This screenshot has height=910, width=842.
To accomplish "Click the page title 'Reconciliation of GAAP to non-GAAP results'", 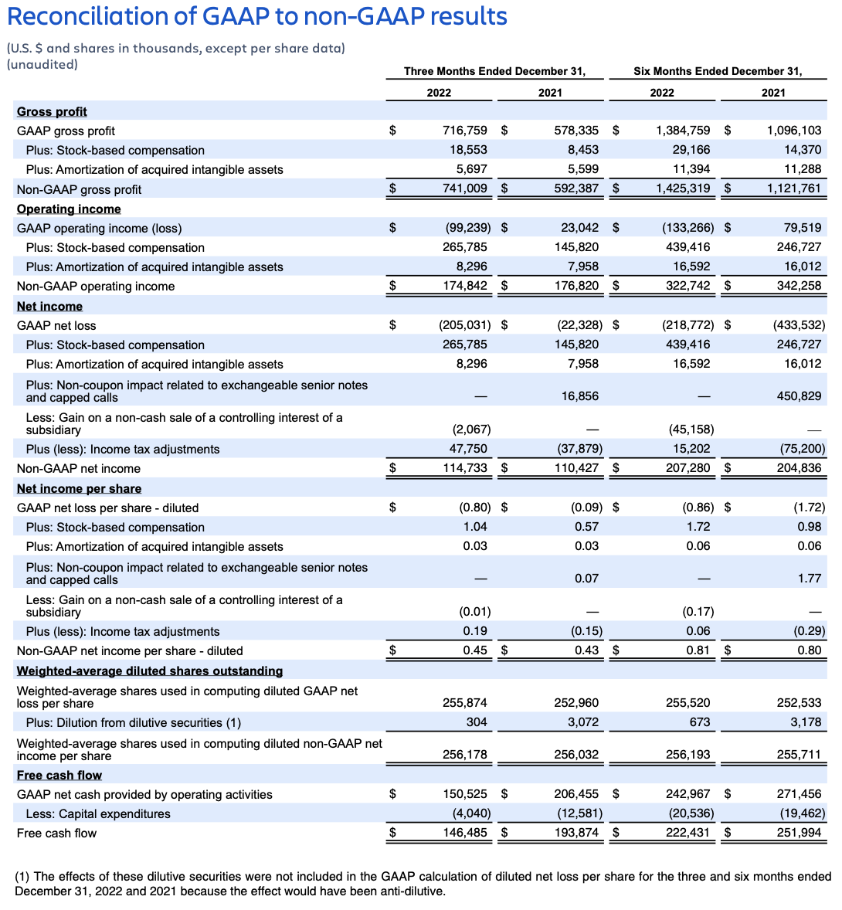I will [256, 16].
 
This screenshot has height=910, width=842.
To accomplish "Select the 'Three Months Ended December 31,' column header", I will [494, 71].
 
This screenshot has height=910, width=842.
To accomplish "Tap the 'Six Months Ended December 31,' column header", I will [718, 71].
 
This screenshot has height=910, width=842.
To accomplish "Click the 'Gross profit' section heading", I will [52, 111].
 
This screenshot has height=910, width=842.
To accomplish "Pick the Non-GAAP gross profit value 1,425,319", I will [683, 188].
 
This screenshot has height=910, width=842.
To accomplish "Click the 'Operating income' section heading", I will [69, 209].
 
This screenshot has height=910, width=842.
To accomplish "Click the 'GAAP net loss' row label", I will [56, 325].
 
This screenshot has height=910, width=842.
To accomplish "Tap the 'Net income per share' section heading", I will [79, 488].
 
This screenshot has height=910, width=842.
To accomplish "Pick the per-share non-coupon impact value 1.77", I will [809, 579].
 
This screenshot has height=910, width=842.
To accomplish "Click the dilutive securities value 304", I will [477, 722].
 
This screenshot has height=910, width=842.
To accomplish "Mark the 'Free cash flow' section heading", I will [59, 775].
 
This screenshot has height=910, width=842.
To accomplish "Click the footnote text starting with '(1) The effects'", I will [423, 884].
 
